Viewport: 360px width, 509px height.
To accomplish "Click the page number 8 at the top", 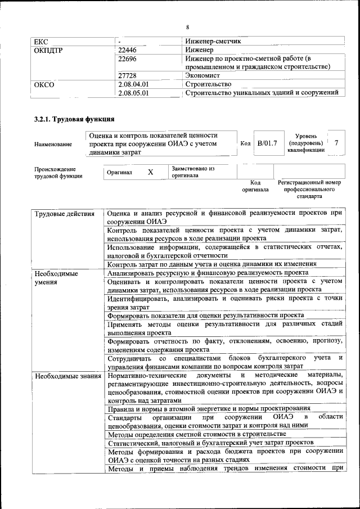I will [188, 26].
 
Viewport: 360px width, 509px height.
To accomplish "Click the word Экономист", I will [202, 75].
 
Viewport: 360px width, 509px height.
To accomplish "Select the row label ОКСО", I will [44, 84].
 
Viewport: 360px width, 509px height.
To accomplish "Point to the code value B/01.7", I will [267, 144].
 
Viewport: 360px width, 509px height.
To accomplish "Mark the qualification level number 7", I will [336, 143].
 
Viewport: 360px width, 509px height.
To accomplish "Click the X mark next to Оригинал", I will [150, 172].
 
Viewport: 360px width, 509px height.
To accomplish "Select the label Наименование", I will [53, 145].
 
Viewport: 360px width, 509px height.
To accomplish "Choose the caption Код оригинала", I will [255, 186].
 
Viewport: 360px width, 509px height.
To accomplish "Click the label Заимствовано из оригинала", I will [193, 172].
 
